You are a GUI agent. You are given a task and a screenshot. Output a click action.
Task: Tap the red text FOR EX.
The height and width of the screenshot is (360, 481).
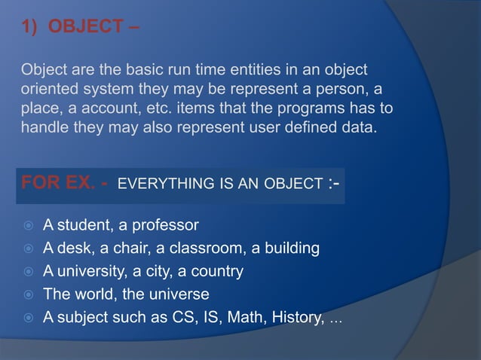pyautogui.click(x=57, y=183)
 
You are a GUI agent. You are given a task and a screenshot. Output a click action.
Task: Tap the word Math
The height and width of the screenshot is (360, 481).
pyautogui.click(x=247, y=317)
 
